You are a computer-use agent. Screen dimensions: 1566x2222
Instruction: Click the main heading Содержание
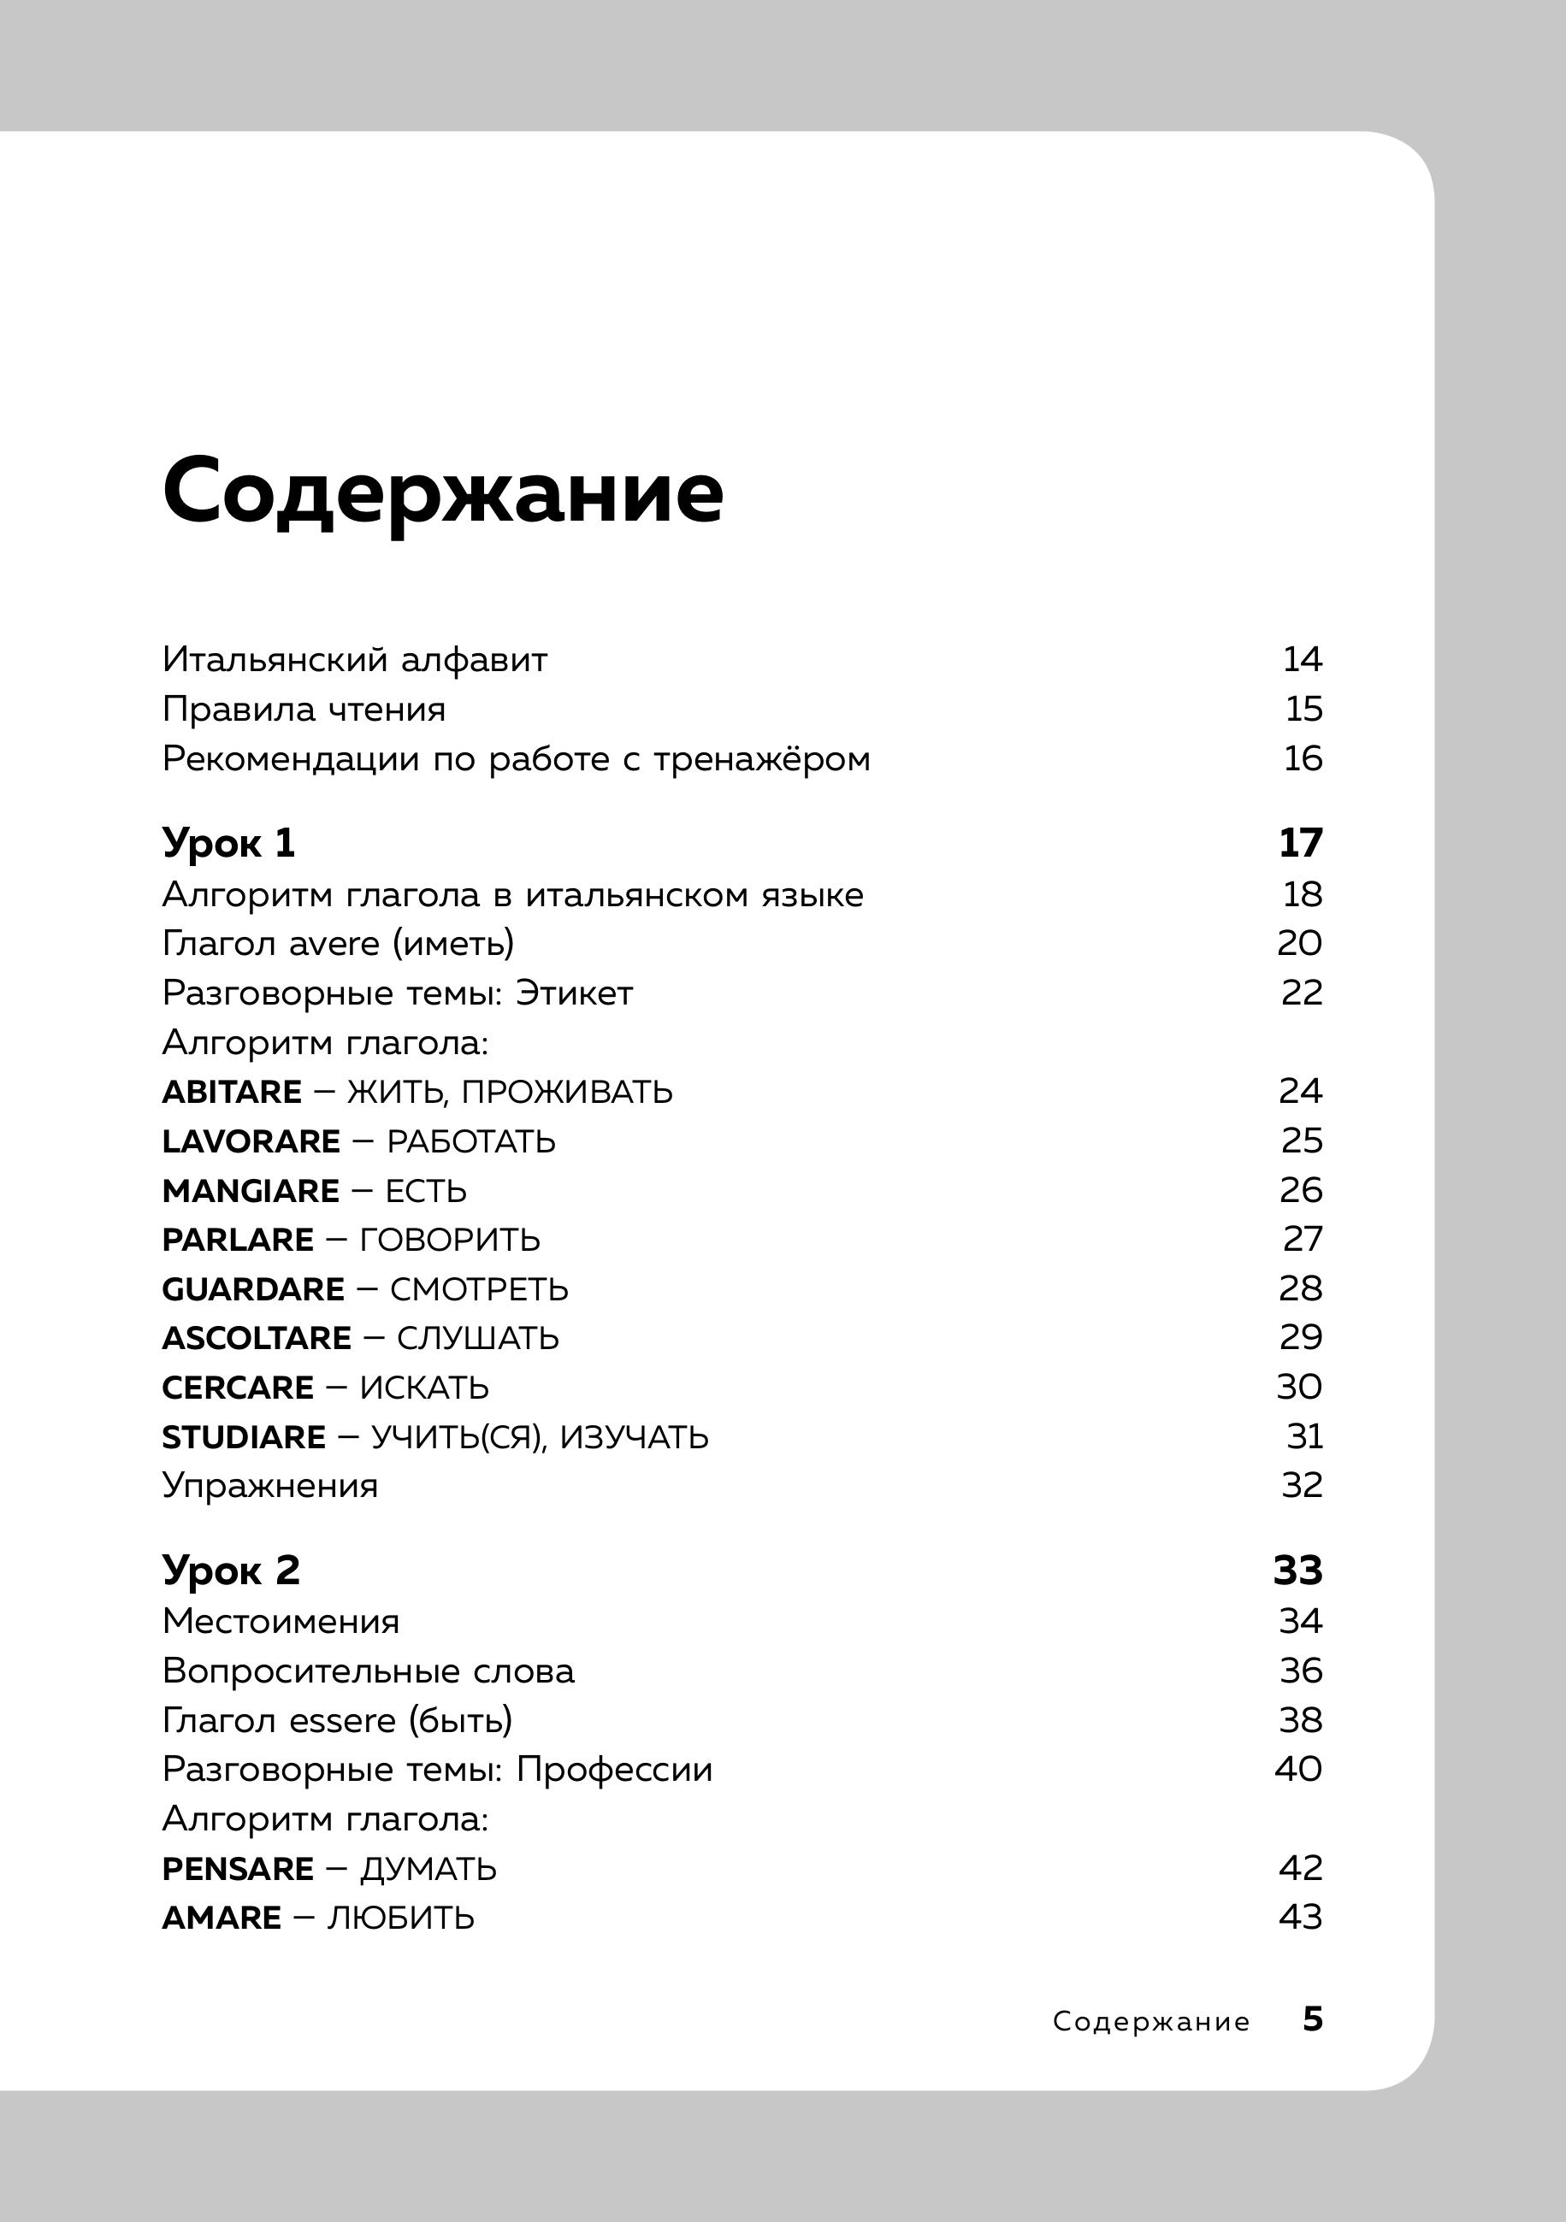pyautogui.click(x=442, y=492)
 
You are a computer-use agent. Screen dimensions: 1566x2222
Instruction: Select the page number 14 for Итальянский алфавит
pyautogui.click(x=1302, y=659)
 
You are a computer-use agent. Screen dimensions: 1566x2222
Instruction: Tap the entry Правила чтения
pyautogui.click(x=304, y=710)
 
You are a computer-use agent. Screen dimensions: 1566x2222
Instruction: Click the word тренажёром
pyautogui.click(x=762, y=758)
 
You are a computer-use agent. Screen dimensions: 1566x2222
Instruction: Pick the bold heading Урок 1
pyautogui.click(x=228, y=843)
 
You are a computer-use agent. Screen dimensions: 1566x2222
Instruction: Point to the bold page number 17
pyautogui.click(x=1300, y=843)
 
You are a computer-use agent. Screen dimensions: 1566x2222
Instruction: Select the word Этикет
pyautogui.click(x=574, y=993)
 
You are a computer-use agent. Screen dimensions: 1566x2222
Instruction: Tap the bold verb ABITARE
pyautogui.click(x=231, y=1092)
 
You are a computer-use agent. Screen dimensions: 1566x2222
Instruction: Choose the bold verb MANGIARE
pyautogui.click(x=251, y=1190)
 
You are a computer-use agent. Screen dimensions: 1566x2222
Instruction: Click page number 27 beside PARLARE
pyautogui.click(x=1302, y=1239)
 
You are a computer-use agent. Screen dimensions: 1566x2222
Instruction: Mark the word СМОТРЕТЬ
pyautogui.click(x=479, y=1289)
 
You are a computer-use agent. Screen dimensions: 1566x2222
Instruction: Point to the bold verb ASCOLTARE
pyautogui.click(x=257, y=1339)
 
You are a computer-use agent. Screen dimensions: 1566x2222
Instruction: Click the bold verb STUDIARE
pyautogui.click(x=244, y=1437)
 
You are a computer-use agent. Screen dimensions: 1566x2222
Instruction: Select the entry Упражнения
pyautogui.click(x=270, y=1486)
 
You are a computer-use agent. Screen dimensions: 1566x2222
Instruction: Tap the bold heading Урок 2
pyautogui.click(x=230, y=1570)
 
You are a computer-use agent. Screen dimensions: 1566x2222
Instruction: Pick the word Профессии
pyautogui.click(x=613, y=1769)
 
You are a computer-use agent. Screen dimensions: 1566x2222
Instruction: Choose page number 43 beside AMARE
pyautogui.click(x=1300, y=1916)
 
